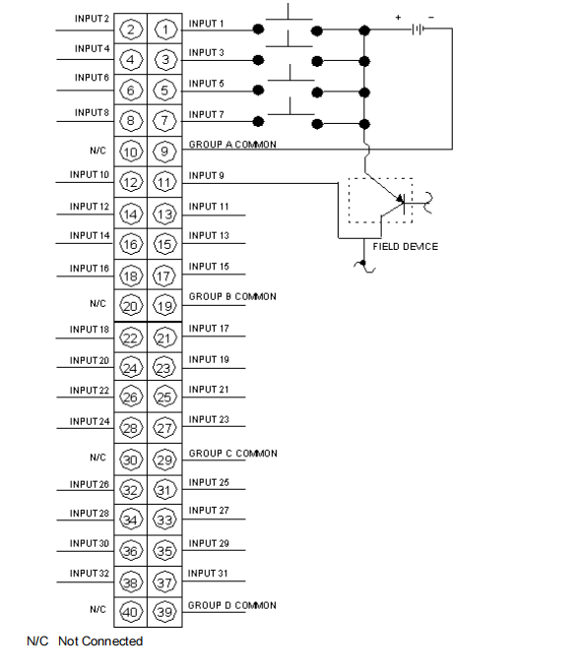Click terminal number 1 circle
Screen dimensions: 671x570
point(165,30)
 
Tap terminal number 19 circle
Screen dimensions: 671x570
point(165,305)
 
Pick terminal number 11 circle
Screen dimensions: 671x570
point(165,182)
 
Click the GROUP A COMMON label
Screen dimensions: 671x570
point(232,144)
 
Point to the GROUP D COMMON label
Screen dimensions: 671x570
point(232,605)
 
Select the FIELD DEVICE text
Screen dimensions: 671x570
point(406,246)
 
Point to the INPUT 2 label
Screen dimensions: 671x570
point(92,19)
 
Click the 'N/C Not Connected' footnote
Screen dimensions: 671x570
point(85,641)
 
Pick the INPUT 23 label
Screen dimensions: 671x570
point(209,420)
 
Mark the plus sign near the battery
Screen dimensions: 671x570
point(398,17)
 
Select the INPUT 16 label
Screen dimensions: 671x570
point(90,268)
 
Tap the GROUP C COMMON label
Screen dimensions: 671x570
point(232,454)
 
